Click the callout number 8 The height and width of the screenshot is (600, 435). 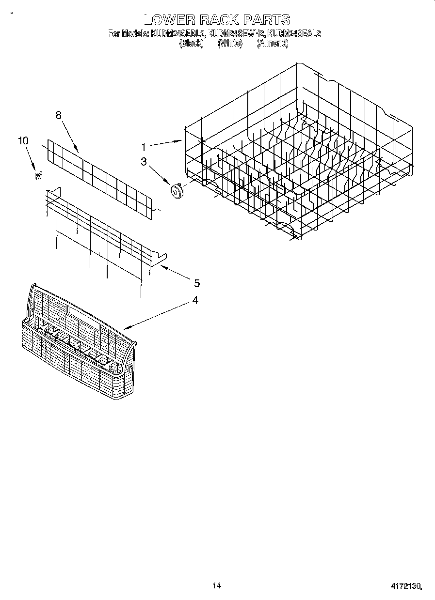[x=59, y=115]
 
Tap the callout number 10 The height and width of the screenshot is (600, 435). [x=23, y=140]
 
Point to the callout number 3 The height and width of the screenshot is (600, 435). [x=144, y=162]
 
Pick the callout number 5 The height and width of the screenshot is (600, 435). [x=197, y=283]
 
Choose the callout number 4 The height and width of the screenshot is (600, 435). [x=195, y=300]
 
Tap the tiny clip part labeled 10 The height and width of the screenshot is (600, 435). [x=37, y=176]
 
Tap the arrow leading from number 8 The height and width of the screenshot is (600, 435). [x=70, y=135]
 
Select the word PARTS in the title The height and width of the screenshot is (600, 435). [x=266, y=19]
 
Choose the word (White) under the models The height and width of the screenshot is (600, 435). [x=230, y=43]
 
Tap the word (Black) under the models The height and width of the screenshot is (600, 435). [x=191, y=43]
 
